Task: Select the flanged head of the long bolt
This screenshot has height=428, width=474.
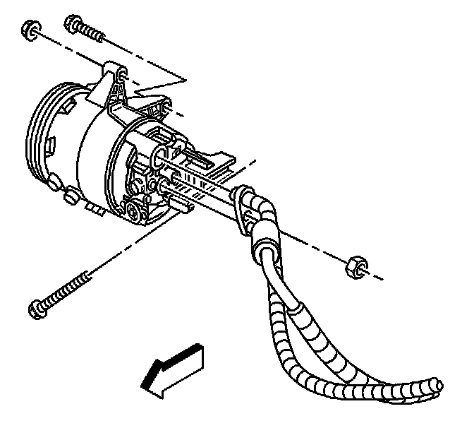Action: [x=37, y=308]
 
